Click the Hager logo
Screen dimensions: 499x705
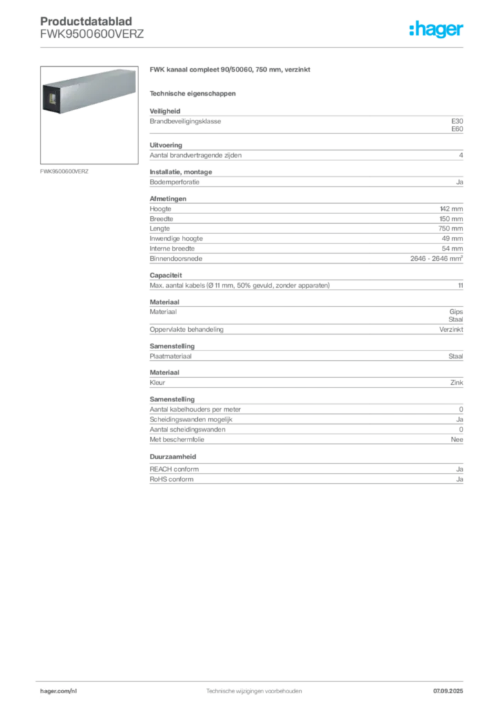[436, 29]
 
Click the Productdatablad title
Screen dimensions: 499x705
[86, 21]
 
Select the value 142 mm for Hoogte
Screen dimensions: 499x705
[451, 209]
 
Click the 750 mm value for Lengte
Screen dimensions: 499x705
[451, 229]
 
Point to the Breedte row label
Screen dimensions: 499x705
[161, 219]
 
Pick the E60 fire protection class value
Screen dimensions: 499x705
[457, 129]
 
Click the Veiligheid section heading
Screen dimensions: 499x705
[165, 111]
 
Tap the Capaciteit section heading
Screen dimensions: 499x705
[165, 275]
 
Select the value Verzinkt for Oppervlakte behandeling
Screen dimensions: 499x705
[451, 330]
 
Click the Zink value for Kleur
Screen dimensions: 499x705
[457, 383]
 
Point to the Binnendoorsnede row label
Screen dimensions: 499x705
[176, 259]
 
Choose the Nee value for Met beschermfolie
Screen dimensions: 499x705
[457, 440]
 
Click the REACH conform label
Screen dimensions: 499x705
[174, 469]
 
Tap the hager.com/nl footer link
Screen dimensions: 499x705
[59, 691]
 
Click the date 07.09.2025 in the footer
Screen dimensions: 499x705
[448, 691]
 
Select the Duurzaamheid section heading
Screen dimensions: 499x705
[173, 456]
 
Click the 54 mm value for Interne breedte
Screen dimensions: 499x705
[452, 249]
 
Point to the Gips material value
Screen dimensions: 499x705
[456, 312]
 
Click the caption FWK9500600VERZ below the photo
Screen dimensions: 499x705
[64, 171]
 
